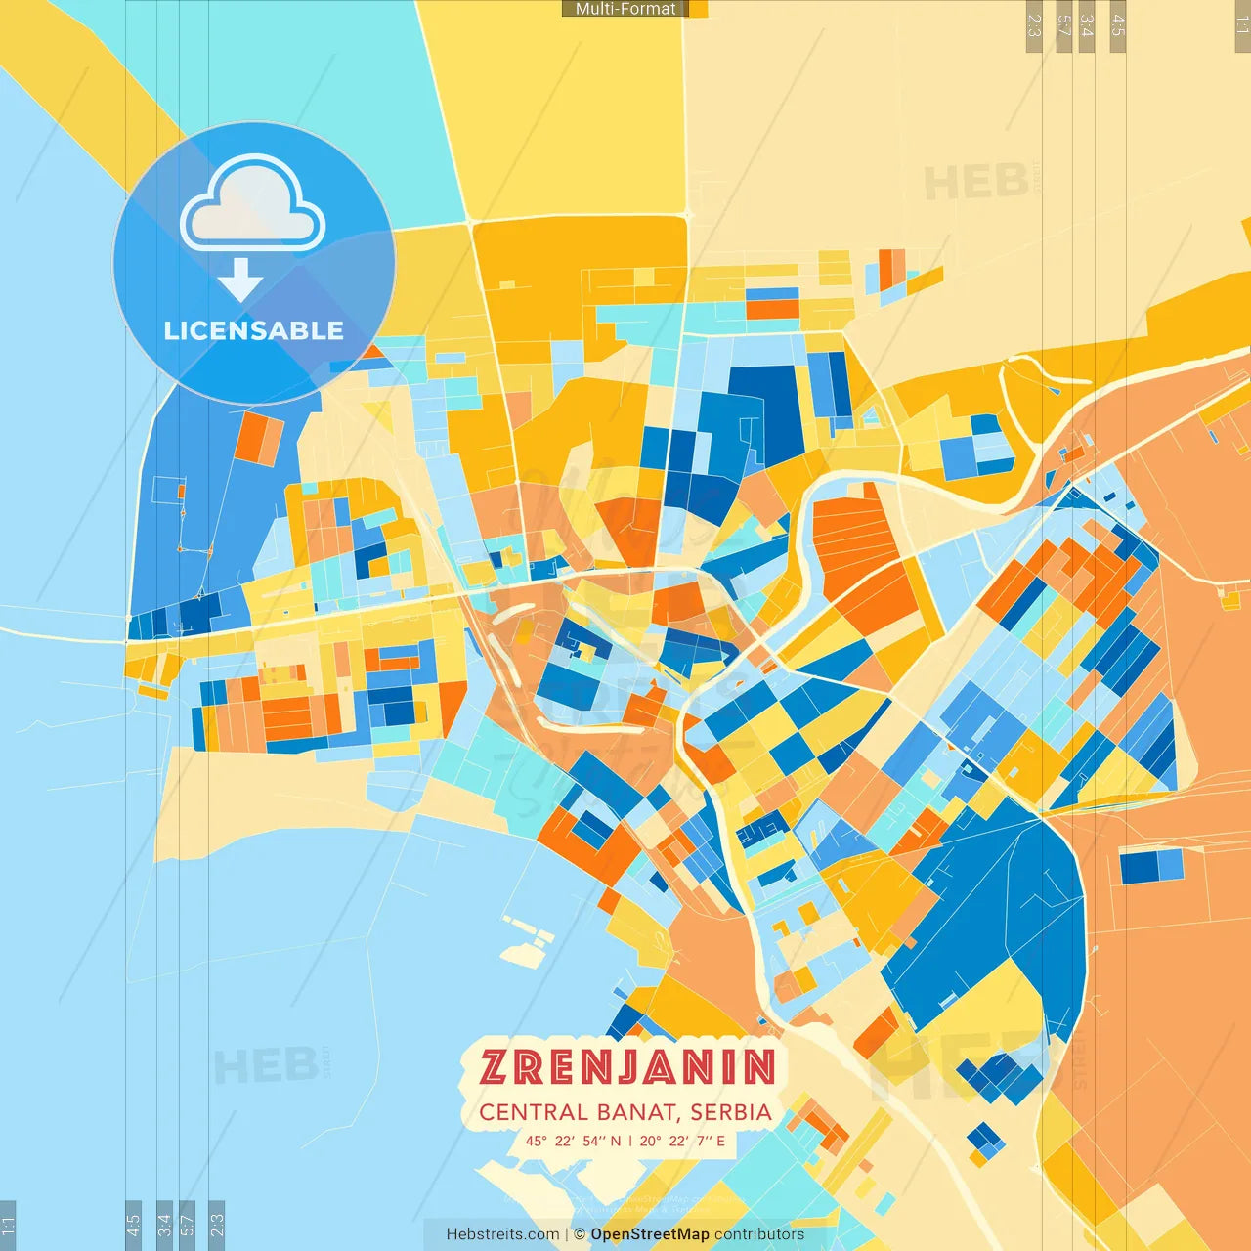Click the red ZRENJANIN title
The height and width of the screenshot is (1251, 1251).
pyautogui.click(x=627, y=1067)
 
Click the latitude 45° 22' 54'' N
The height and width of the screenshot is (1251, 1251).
pyautogui.click(x=573, y=1141)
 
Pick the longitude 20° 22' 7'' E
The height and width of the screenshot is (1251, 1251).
pyautogui.click(x=682, y=1141)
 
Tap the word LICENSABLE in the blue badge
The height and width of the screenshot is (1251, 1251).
pyautogui.click(x=254, y=330)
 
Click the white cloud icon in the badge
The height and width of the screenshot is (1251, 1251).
pyautogui.click(x=253, y=204)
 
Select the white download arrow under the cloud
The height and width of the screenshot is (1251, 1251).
pyautogui.click(x=240, y=280)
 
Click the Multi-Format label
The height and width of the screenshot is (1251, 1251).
pyautogui.click(x=625, y=9)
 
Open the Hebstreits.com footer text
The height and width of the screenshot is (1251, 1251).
pyautogui.click(x=502, y=1234)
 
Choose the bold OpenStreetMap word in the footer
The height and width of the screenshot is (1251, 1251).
pyautogui.click(x=650, y=1234)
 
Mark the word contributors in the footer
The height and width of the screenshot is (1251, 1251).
pyautogui.click(x=759, y=1234)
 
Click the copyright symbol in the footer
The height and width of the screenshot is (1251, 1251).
pyautogui.click(x=580, y=1234)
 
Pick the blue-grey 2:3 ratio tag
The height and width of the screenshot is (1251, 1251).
pyautogui.click(x=217, y=1225)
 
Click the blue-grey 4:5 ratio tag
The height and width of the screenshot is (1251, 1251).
pyautogui.click(x=134, y=1225)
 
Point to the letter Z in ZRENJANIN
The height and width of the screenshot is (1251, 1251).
pyautogui.click(x=494, y=1067)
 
